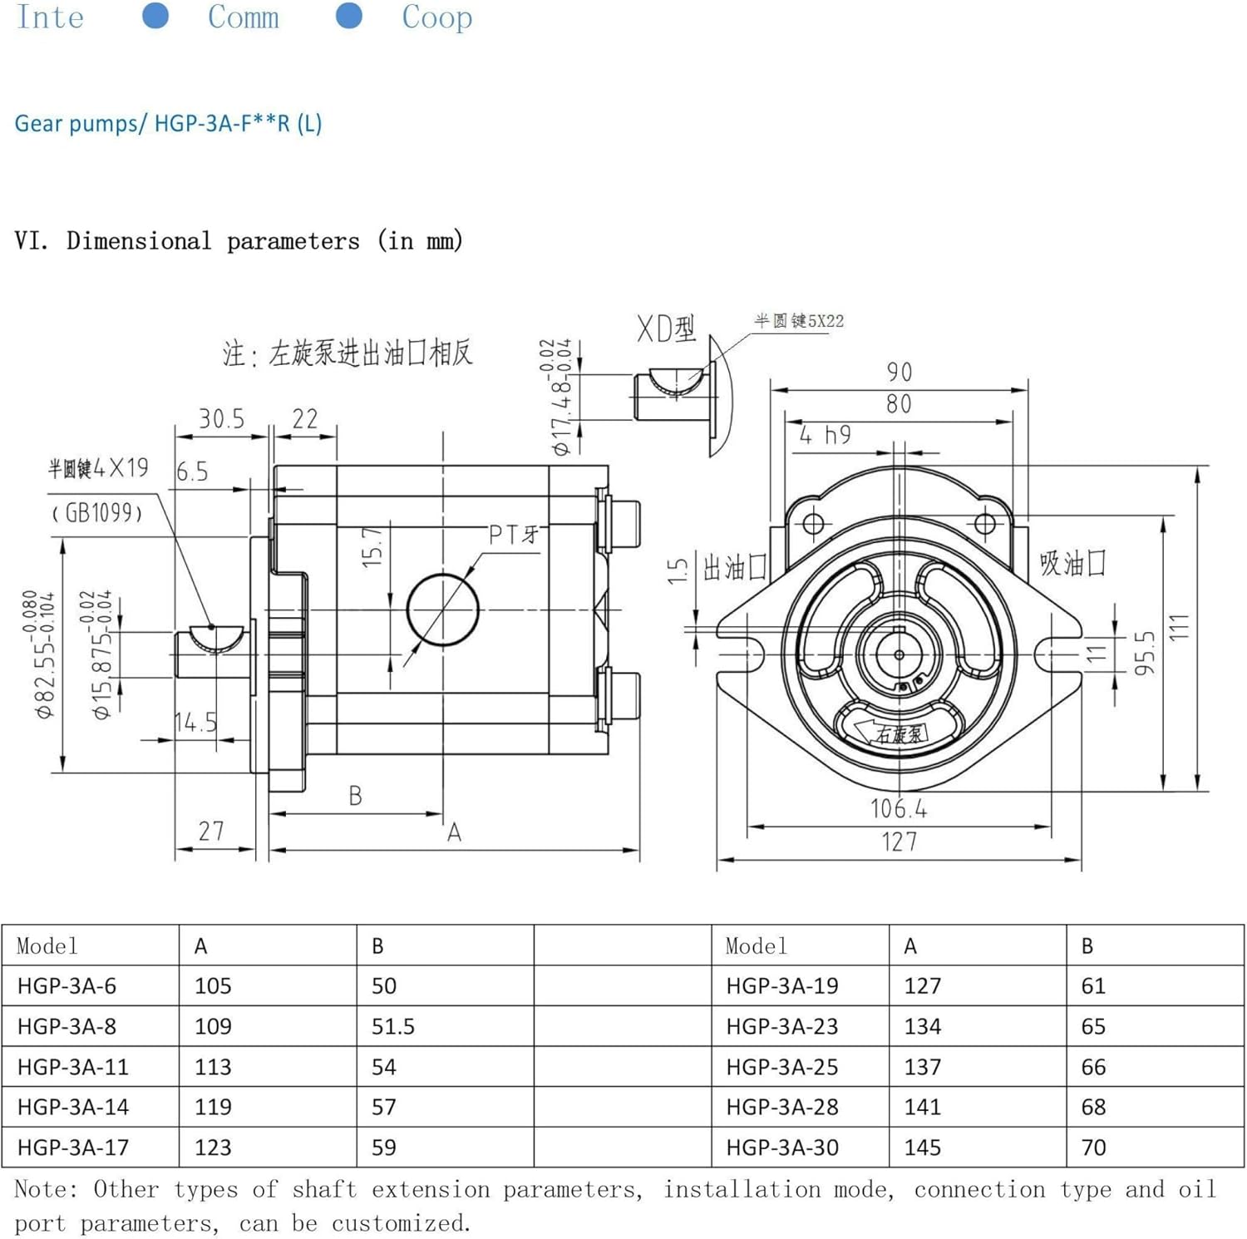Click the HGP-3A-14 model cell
click(73, 1107)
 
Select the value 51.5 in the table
click(392, 1026)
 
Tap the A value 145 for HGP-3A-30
click(922, 1148)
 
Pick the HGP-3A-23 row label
click(781, 1026)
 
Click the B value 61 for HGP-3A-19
click(1093, 985)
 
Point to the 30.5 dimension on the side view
click(221, 418)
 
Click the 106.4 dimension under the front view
click(898, 808)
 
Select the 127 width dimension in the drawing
click(899, 842)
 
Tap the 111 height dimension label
click(1179, 627)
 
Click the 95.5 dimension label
click(1145, 652)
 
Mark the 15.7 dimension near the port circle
click(372, 546)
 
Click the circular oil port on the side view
click(442, 609)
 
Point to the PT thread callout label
click(513, 534)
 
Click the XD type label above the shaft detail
click(666, 328)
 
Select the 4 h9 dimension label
click(825, 435)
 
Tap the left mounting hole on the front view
click(813, 524)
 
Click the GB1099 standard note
click(97, 512)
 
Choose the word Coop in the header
click(436, 17)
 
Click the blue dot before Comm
click(155, 15)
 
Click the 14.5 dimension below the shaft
click(196, 722)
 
